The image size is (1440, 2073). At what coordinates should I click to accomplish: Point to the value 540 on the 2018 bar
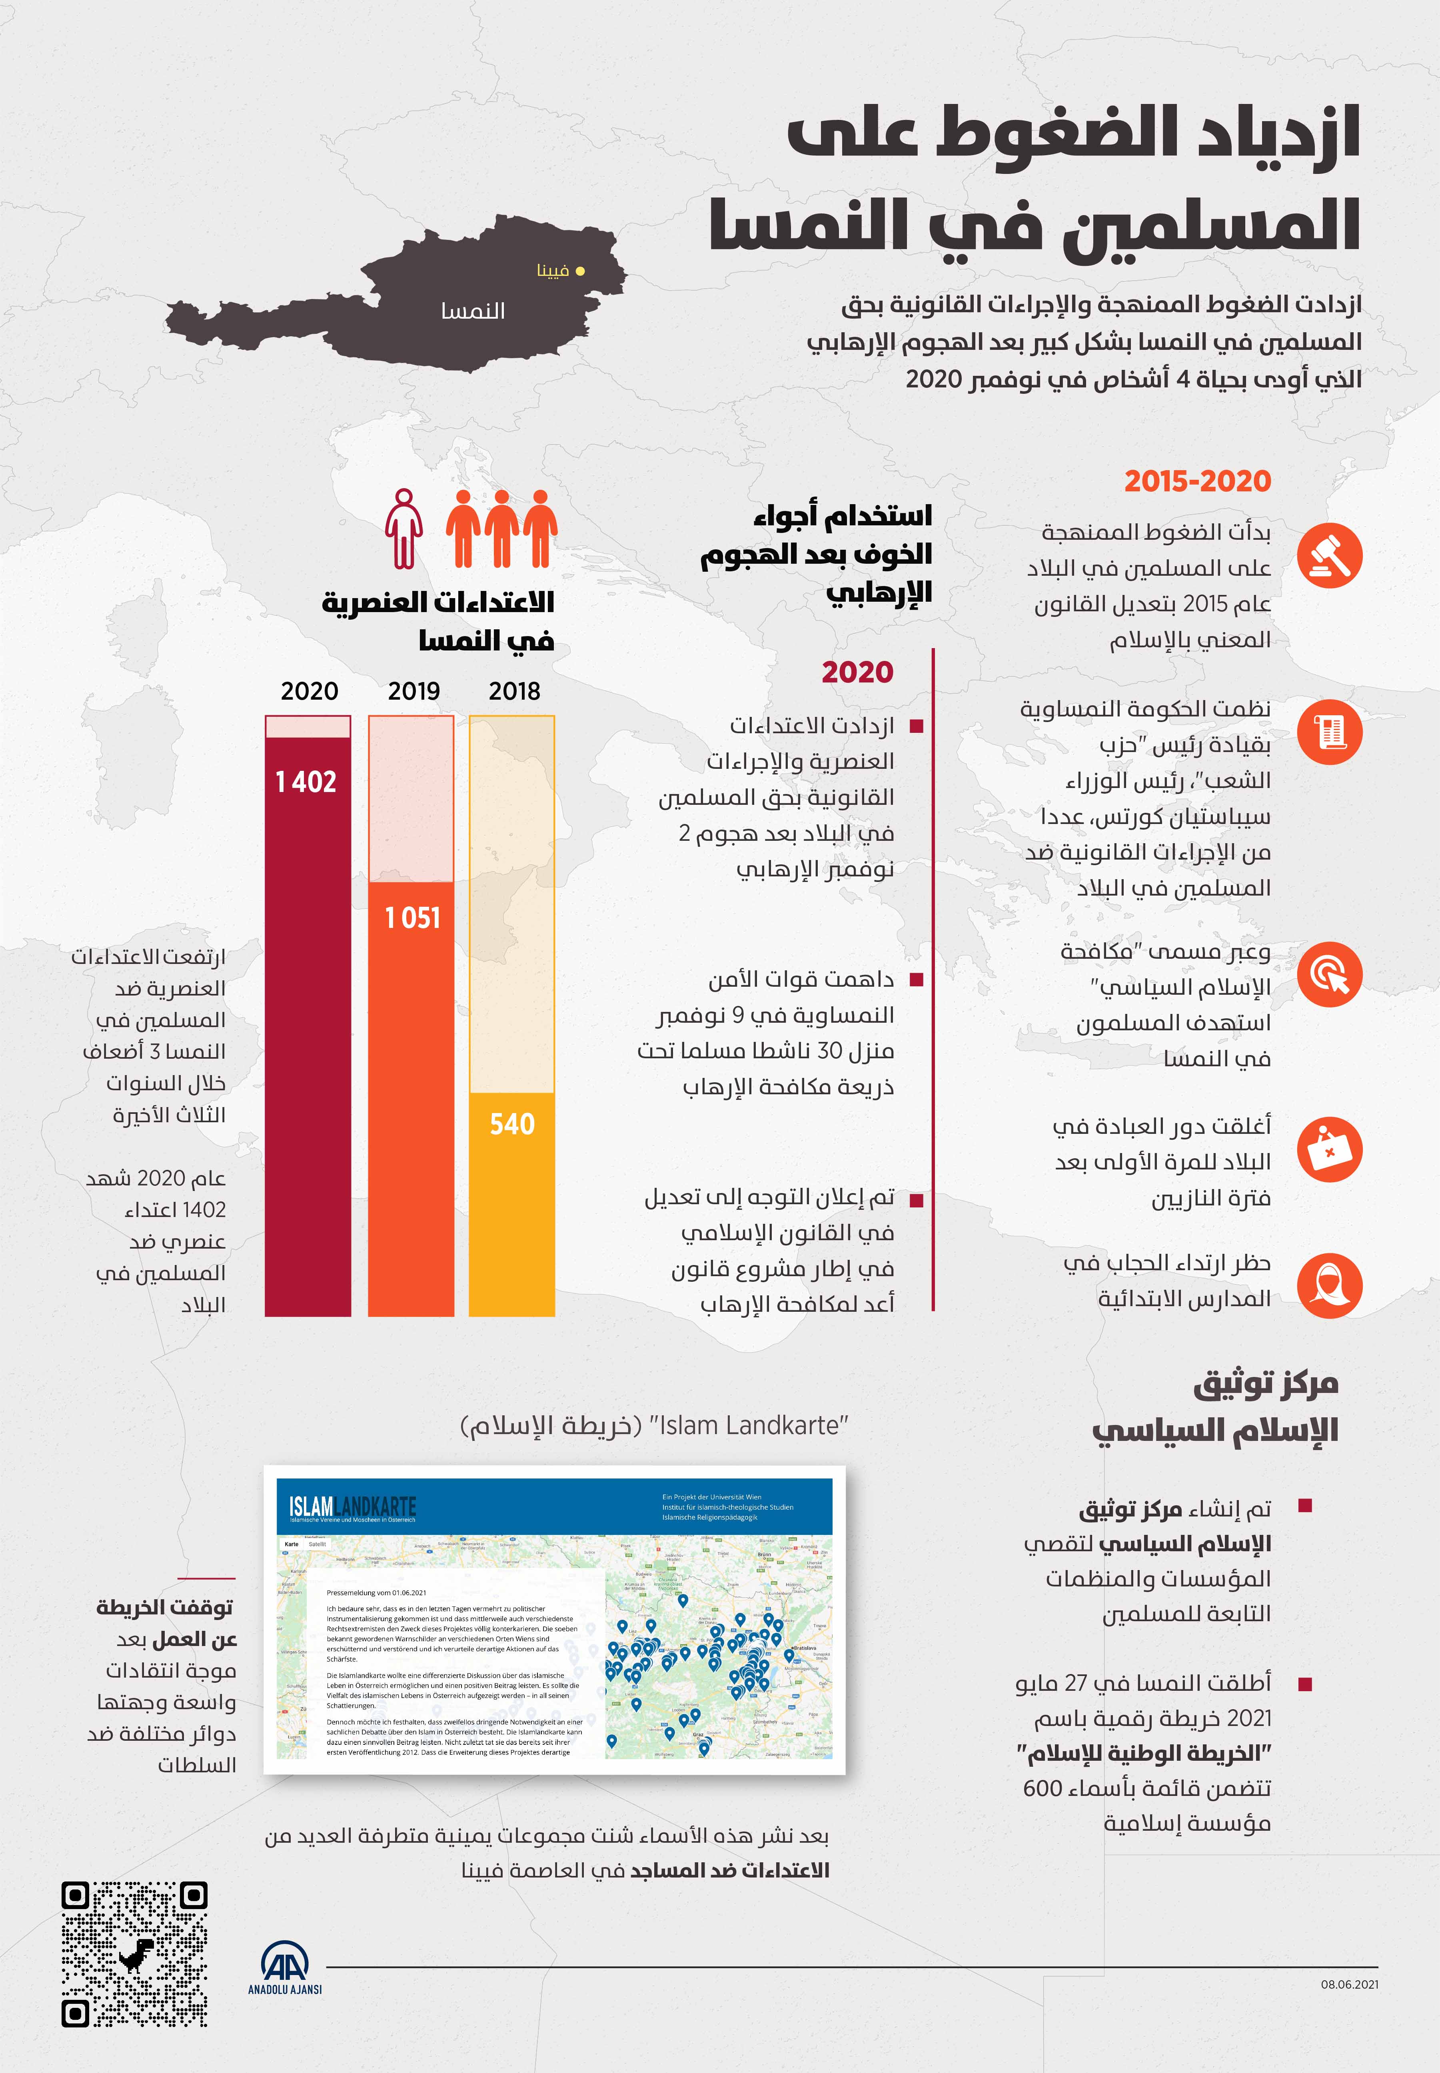511,1124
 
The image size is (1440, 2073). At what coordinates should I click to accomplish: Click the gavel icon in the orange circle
1329,555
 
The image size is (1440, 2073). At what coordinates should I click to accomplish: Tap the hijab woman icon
1329,1285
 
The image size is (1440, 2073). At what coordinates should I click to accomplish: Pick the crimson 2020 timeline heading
857,672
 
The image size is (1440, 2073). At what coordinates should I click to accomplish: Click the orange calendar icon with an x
1329,1150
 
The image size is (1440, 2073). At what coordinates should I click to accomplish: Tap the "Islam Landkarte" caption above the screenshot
654,1425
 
